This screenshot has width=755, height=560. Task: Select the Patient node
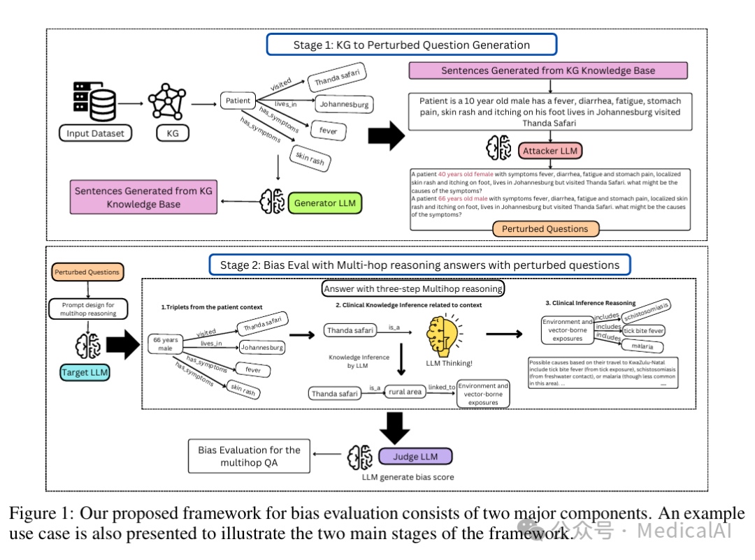238,101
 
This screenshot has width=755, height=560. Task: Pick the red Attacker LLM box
552,150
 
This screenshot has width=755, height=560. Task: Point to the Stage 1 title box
411,45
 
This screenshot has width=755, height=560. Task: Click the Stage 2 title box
419,265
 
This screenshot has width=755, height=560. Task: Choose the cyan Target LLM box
84,372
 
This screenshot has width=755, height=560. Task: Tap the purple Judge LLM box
415,457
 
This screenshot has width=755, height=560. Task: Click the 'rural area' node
405,392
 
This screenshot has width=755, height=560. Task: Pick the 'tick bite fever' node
644,330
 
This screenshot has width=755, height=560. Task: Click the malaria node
642,346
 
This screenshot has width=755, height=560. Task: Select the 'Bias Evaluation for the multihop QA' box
249,457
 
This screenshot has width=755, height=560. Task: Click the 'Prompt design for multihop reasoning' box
87,309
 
